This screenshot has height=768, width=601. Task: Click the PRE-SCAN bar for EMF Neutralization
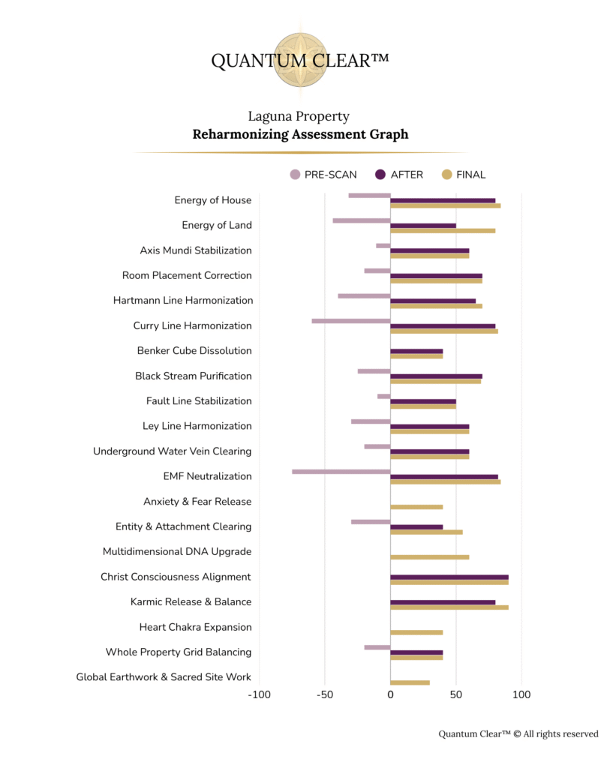click(341, 471)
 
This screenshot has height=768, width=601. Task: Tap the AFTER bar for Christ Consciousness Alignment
click(449, 577)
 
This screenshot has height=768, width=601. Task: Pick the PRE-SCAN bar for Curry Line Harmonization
click(351, 320)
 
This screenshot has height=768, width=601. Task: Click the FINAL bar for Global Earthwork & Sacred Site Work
click(410, 682)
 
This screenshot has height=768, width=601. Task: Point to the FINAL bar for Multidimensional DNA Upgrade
click(429, 557)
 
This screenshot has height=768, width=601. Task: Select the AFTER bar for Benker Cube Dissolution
click(416, 351)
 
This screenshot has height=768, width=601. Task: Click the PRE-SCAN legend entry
click(323, 175)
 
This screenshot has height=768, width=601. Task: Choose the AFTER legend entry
click(400, 175)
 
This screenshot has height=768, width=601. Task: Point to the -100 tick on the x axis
click(260, 694)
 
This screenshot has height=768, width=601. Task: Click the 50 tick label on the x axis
click(455, 694)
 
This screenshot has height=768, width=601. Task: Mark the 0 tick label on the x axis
click(390, 694)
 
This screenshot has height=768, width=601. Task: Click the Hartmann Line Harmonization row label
click(183, 300)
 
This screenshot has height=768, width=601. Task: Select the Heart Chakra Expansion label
click(195, 627)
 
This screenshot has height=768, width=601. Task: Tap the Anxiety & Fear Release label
click(197, 501)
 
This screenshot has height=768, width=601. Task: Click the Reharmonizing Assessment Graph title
click(300, 135)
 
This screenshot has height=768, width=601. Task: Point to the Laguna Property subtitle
click(299, 116)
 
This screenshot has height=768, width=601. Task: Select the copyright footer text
click(518, 733)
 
